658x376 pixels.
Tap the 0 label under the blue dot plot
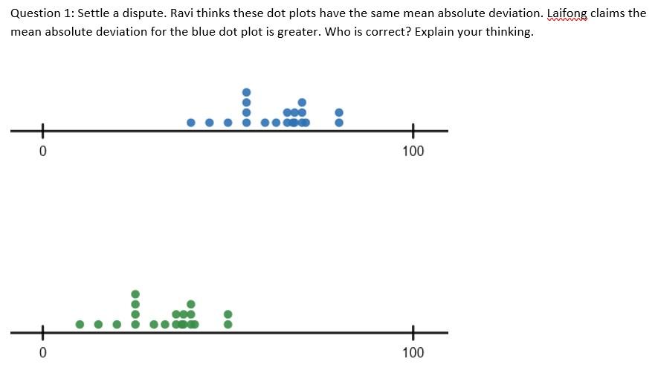(x=42, y=152)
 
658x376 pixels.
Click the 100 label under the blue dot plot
(x=413, y=152)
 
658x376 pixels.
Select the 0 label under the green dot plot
(x=42, y=352)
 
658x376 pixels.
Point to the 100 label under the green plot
(x=413, y=352)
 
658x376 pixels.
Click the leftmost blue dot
(x=191, y=123)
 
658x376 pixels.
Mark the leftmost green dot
(x=80, y=325)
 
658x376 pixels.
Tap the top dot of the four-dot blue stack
(x=246, y=92)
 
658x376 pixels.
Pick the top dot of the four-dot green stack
(x=135, y=294)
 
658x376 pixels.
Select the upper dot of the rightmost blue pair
(x=339, y=112)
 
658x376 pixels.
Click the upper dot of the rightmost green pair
(x=228, y=314)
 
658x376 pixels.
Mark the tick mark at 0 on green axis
(x=42, y=333)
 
